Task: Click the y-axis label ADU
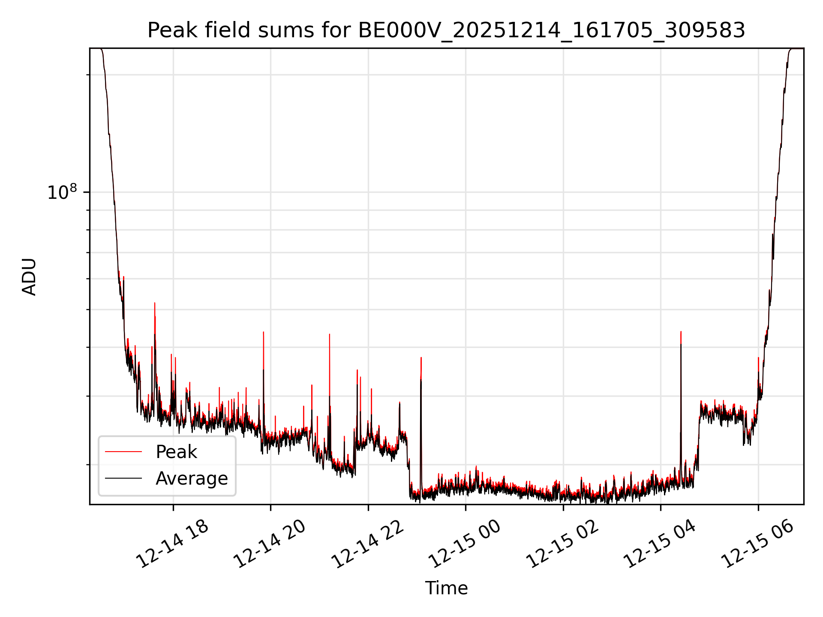tap(29, 276)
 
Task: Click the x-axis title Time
tap(446, 588)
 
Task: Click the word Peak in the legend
tap(176, 452)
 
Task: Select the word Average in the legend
tap(192, 479)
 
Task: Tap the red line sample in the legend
tap(123, 452)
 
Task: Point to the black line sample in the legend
tap(123, 478)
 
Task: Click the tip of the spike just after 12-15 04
tap(681, 332)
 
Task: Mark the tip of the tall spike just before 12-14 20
tap(263, 332)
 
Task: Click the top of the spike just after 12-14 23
tap(421, 357)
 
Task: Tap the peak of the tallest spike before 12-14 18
tap(154, 303)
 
